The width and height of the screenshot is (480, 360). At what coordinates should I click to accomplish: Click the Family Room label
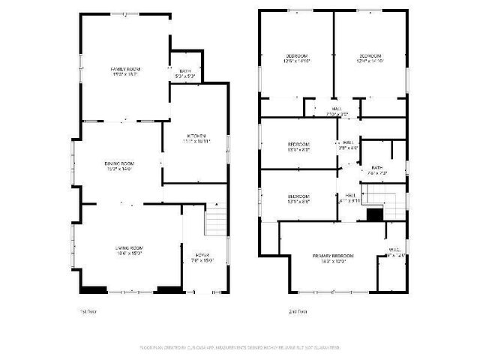[125, 69]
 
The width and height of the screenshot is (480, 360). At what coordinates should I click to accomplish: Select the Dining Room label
[119, 163]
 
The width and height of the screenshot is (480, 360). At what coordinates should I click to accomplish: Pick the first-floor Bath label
[185, 71]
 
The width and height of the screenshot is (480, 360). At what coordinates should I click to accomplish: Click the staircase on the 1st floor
[215, 222]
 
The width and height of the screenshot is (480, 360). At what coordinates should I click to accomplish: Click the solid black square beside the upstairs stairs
[373, 214]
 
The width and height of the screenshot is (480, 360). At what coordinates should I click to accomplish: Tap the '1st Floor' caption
[88, 310]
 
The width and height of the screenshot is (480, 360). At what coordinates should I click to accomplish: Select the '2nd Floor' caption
[298, 310]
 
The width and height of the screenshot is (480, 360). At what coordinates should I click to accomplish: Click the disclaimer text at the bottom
[240, 348]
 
